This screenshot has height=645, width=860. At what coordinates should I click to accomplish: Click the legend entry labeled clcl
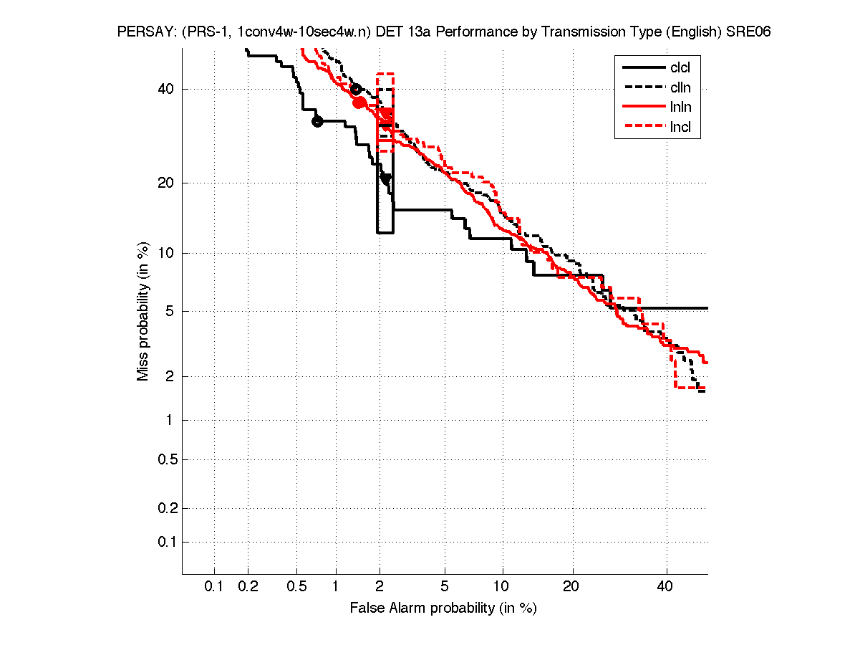click(680, 68)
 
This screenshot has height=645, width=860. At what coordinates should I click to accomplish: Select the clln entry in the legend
click(680, 87)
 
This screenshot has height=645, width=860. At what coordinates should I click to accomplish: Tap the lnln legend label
click(680, 107)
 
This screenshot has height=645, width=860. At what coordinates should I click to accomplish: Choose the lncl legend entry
click(680, 128)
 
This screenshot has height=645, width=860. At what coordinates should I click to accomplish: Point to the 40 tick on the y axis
click(166, 89)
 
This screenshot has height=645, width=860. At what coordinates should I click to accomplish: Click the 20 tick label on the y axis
click(166, 183)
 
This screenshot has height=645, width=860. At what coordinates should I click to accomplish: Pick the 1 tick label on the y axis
click(170, 420)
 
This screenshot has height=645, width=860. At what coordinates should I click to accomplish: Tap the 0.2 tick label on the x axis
click(248, 587)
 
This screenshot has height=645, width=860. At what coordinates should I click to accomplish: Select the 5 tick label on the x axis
click(445, 587)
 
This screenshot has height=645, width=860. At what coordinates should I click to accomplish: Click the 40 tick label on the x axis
click(666, 587)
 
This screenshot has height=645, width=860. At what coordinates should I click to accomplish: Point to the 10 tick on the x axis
click(503, 587)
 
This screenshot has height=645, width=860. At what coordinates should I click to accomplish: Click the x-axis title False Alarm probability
click(443, 608)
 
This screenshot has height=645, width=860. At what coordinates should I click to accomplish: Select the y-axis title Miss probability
click(144, 312)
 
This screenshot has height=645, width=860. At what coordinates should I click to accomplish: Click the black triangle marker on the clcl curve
click(386, 178)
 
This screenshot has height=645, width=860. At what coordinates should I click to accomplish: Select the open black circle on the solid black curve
click(318, 122)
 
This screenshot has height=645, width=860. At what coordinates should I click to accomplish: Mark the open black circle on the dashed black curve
click(356, 90)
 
